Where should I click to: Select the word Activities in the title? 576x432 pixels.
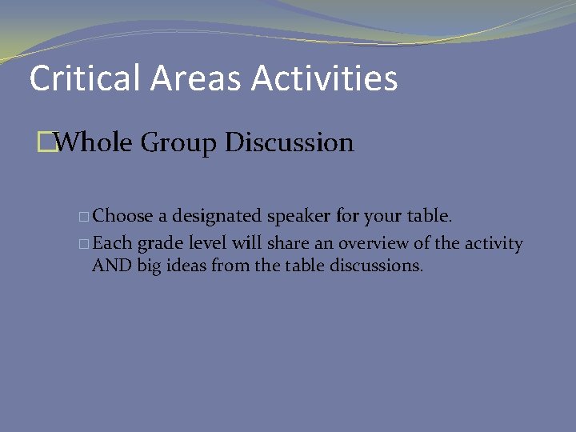click(x=324, y=78)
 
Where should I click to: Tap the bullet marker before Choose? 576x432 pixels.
click(x=85, y=217)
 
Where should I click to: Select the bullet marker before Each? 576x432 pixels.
click(x=85, y=244)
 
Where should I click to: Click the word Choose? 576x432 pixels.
click(x=122, y=217)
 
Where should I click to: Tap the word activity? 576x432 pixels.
click(x=494, y=244)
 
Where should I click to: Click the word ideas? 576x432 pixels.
click(x=184, y=266)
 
